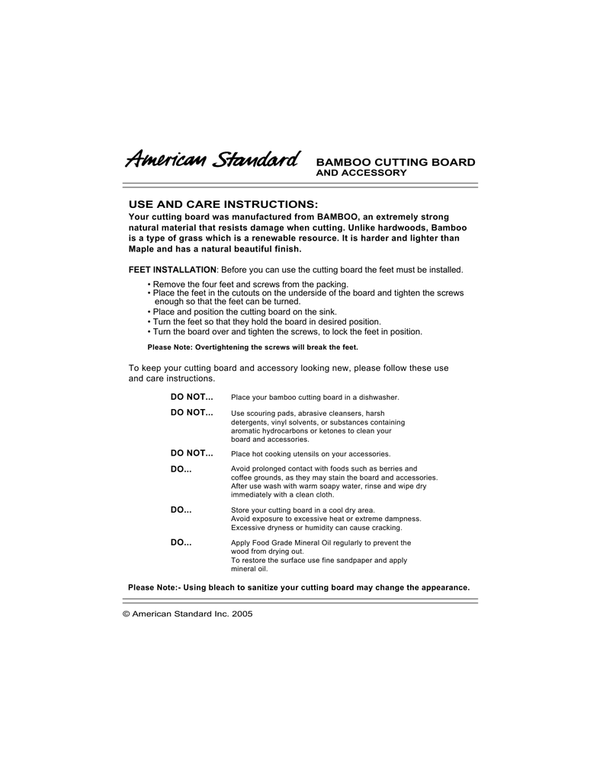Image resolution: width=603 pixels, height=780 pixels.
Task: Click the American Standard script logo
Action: (x=211, y=160)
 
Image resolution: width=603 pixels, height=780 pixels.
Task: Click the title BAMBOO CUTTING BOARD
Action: (x=396, y=162)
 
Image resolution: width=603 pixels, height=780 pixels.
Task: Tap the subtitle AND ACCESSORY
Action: (x=361, y=173)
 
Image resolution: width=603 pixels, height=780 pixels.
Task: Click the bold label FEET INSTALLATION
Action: (x=172, y=270)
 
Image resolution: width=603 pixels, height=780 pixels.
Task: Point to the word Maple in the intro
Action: (x=142, y=248)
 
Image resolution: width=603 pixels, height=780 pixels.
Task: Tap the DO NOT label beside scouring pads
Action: (x=191, y=412)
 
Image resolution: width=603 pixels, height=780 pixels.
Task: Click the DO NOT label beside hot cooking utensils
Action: (x=191, y=453)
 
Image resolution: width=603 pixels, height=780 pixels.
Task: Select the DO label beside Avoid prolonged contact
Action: (x=181, y=468)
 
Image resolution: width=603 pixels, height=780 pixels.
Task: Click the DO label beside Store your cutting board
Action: (x=181, y=509)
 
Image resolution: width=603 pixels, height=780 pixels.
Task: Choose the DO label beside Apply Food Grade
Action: (x=181, y=542)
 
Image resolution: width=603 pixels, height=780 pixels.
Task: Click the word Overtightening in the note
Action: (x=223, y=347)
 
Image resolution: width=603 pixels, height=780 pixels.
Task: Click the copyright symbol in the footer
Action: (x=127, y=613)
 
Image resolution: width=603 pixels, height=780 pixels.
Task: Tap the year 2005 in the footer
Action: (x=242, y=613)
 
